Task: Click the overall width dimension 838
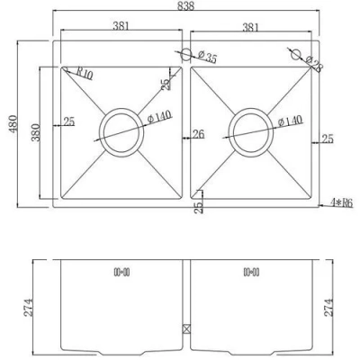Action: pos(185,7)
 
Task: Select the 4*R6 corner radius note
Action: pos(341,203)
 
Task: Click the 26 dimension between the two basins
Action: pos(198,136)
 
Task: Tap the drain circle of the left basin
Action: pos(120,131)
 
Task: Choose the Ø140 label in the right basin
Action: pos(290,121)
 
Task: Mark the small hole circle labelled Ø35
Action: pos(184,55)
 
